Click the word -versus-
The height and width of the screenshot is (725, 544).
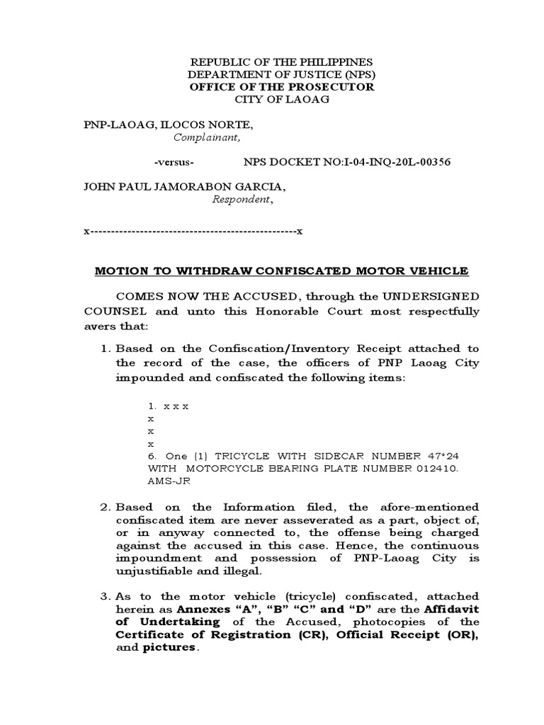click(174, 162)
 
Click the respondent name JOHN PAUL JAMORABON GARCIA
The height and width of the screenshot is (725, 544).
click(186, 188)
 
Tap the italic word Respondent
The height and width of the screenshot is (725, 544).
click(242, 200)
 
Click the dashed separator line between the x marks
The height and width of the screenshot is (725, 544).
click(193, 232)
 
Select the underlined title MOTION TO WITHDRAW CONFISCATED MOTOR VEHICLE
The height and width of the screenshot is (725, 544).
click(281, 270)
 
